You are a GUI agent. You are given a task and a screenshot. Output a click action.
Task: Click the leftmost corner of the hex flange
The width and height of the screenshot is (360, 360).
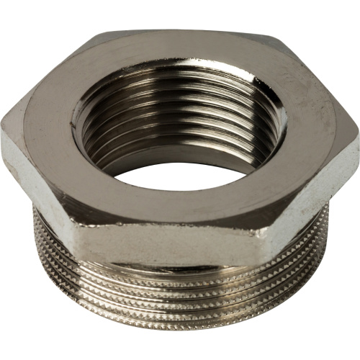tap(3, 128)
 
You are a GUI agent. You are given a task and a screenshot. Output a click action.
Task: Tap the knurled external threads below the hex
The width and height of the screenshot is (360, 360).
tap(180, 302)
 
